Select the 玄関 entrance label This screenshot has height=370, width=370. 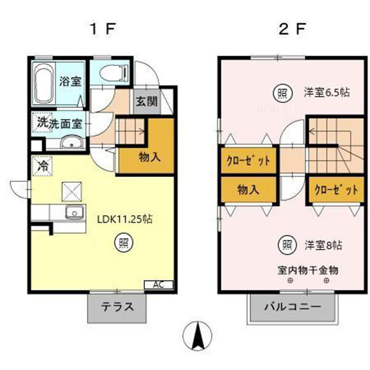(x=146, y=102)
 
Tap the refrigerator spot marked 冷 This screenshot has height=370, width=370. (x=43, y=166)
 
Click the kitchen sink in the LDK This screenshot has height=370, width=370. (x=75, y=214)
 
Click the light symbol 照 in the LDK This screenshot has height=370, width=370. (x=123, y=242)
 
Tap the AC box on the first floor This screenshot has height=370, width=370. (x=158, y=284)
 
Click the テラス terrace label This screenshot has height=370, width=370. (x=118, y=307)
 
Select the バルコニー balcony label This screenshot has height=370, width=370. (x=293, y=307)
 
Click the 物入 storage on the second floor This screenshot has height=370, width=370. (x=248, y=190)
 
